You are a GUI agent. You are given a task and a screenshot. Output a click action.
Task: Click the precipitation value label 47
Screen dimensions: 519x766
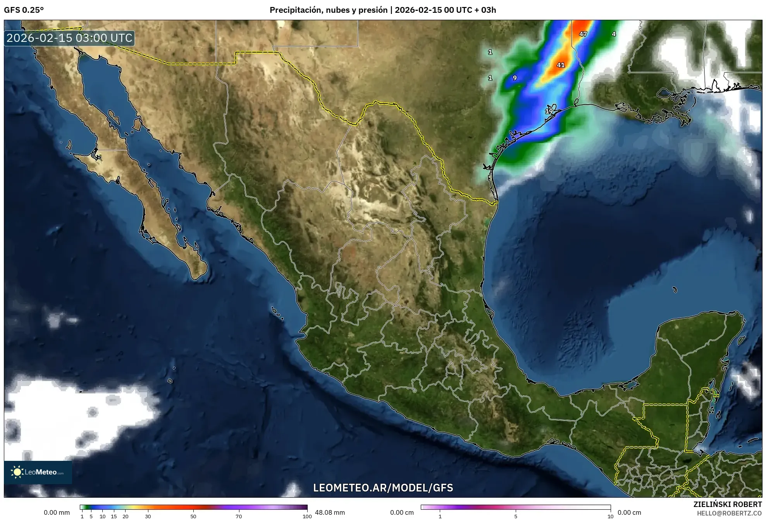click(583, 34)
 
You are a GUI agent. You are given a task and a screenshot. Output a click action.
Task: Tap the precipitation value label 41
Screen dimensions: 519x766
click(561, 65)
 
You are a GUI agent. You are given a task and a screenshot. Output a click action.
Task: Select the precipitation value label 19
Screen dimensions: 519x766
click(549, 111)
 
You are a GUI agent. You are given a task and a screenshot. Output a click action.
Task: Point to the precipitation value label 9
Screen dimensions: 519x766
click(515, 78)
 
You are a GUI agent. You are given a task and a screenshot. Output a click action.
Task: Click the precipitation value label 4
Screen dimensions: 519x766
click(614, 34)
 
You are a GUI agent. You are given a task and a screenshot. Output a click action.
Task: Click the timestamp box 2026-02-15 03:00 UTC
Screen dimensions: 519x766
click(69, 38)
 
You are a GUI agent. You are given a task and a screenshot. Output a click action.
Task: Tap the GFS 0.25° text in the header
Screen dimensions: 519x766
click(24, 10)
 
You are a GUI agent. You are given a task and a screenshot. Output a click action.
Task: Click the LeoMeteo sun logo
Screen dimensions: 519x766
click(17, 472)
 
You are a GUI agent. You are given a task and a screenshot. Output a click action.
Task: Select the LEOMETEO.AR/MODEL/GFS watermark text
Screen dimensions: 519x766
click(383, 488)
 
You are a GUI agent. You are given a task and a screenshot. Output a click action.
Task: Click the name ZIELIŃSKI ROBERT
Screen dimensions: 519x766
click(727, 504)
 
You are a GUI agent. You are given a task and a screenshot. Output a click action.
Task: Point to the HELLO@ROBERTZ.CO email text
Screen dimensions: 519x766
click(729, 513)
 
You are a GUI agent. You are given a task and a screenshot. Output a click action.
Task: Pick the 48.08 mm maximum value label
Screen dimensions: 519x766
click(330, 512)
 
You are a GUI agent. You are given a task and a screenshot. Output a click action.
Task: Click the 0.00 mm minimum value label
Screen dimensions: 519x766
click(57, 512)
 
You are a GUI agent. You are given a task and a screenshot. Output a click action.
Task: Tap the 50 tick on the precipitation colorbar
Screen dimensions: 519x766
click(193, 516)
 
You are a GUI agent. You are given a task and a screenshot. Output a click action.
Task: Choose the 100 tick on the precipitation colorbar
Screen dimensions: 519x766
click(307, 516)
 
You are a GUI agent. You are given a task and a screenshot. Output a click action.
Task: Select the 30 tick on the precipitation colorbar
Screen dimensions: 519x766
click(148, 516)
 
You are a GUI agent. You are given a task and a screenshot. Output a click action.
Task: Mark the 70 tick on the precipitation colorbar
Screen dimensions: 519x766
click(239, 516)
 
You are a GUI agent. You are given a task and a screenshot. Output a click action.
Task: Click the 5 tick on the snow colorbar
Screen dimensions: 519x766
click(516, 516)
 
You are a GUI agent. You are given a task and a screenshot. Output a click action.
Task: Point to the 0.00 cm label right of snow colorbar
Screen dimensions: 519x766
click(629, 512)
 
